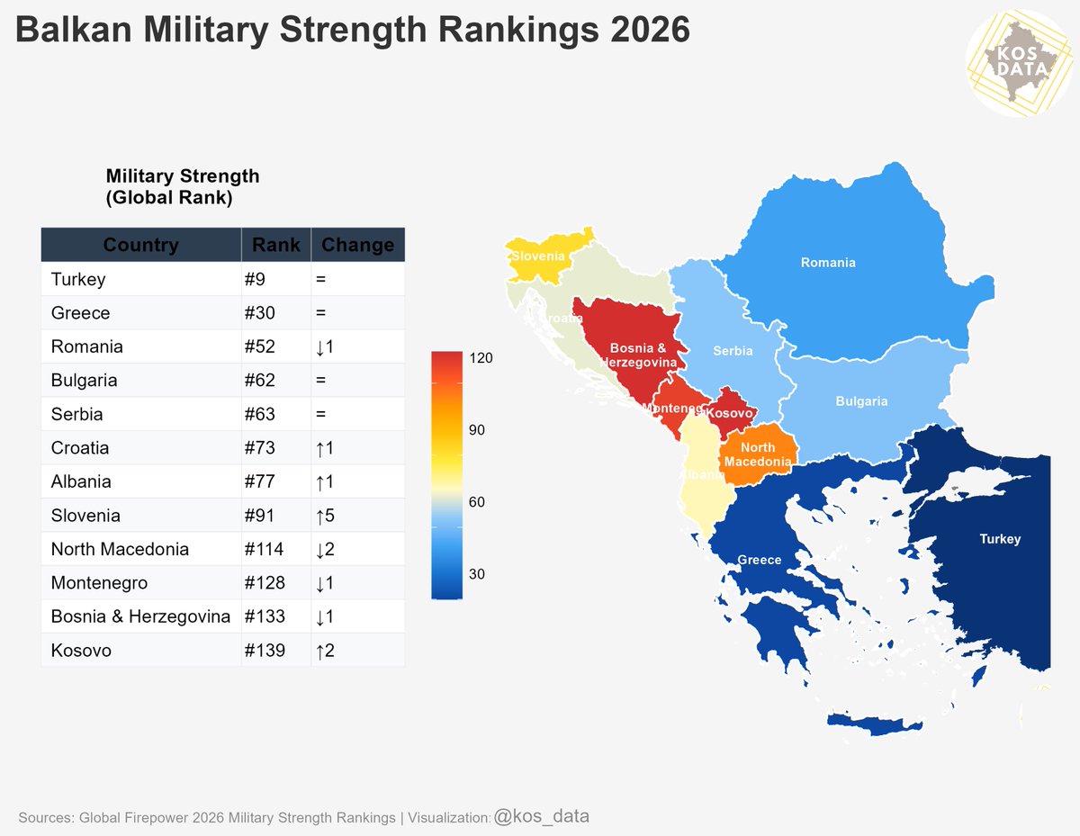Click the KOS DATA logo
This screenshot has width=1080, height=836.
[x=1019, y=63]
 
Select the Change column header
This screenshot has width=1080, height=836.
[x=357, y=245]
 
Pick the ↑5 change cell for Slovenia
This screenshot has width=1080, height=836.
[x=325, y=516]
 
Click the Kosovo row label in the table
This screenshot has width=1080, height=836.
[x=81, y=650]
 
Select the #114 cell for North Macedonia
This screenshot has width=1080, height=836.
[x=264, y=549]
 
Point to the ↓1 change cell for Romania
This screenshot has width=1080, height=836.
[x=325, y=346]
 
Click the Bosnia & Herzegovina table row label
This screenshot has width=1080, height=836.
[x=140, y=616]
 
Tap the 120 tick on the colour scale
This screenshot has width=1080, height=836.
[x=481, y=358]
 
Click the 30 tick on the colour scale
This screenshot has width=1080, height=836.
[x=477, y=574]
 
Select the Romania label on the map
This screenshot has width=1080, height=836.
[x=828, y=263]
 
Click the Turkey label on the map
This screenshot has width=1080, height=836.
[x=1000, y=539]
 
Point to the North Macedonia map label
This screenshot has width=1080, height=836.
[x=758, y=455]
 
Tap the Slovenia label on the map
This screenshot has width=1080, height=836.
[x=538, y=256]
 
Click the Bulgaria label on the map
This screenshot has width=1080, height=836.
[x=861, y=401]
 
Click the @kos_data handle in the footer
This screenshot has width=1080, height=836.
[x=542, y=816]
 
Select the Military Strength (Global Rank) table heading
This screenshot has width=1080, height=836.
[x=182, y=187]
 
